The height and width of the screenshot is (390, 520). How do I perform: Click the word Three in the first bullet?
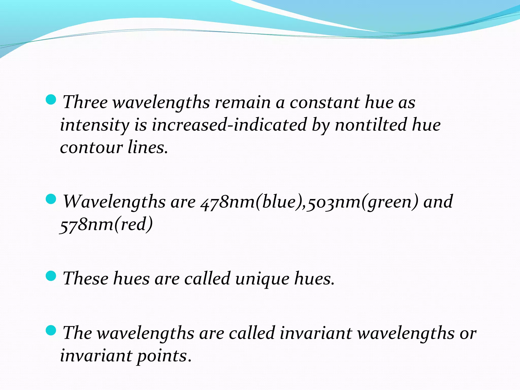coord(85,102)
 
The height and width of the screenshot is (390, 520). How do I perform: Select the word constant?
coord(324,102)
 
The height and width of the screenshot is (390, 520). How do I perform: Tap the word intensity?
coord(94,125)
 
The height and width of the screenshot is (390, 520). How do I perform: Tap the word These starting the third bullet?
coord(85,279)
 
